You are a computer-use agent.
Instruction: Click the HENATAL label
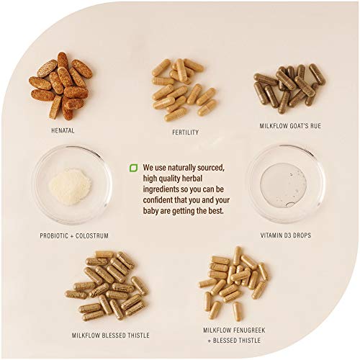coord(63,130)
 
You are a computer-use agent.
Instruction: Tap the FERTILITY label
coord(185,132)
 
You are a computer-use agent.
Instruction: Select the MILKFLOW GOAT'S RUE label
coord(290,126)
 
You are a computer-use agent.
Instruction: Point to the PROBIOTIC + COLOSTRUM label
coord(74,235)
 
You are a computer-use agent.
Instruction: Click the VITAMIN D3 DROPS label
coord(286,235)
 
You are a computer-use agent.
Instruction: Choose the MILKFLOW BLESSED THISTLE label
coord(111,336)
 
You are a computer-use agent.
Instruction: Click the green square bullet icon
coord(133,168)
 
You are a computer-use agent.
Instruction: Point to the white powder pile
coord(70,186)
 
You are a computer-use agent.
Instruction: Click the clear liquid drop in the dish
coord(283,185)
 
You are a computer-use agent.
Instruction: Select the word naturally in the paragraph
coord(181,168)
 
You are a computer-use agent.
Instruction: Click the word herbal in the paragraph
coord(192,179)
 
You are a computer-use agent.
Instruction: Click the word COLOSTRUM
coord(92,235)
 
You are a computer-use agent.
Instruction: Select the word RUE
coord(315,126)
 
